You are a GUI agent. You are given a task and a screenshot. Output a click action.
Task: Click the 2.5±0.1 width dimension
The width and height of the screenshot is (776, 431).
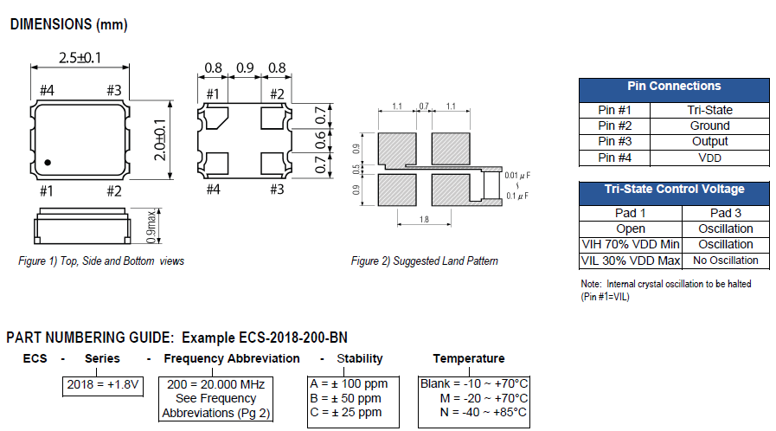click(x=79, y=59)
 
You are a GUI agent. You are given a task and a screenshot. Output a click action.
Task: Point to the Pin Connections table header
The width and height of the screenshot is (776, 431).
click(x=673, y=87)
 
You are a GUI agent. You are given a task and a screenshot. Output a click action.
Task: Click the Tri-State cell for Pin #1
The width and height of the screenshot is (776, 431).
click(x=709, y=110)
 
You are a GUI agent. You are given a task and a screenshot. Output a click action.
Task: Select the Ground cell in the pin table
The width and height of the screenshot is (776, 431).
click(x=709, y=125)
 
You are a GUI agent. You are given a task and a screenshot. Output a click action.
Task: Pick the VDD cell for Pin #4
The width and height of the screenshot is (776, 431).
click(x=709, y=158)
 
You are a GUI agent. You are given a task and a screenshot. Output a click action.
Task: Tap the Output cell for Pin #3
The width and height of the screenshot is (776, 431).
click(x=709, y=141)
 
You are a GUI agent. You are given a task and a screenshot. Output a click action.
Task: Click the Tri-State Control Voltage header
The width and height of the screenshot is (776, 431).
click(x=673, y=190)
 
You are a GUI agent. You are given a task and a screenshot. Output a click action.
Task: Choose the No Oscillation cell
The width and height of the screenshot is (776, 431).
click(x=725, y=261)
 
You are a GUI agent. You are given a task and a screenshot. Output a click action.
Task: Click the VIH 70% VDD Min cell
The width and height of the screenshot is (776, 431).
click(x=630, y=244)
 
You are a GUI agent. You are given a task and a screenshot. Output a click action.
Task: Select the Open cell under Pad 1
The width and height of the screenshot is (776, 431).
click(x=630, y=228)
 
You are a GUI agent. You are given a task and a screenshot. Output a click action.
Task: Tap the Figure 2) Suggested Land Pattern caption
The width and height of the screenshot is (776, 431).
click(x=424, y=261)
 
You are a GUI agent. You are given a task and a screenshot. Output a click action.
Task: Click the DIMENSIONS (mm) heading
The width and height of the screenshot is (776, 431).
click(x=68, y=25)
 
